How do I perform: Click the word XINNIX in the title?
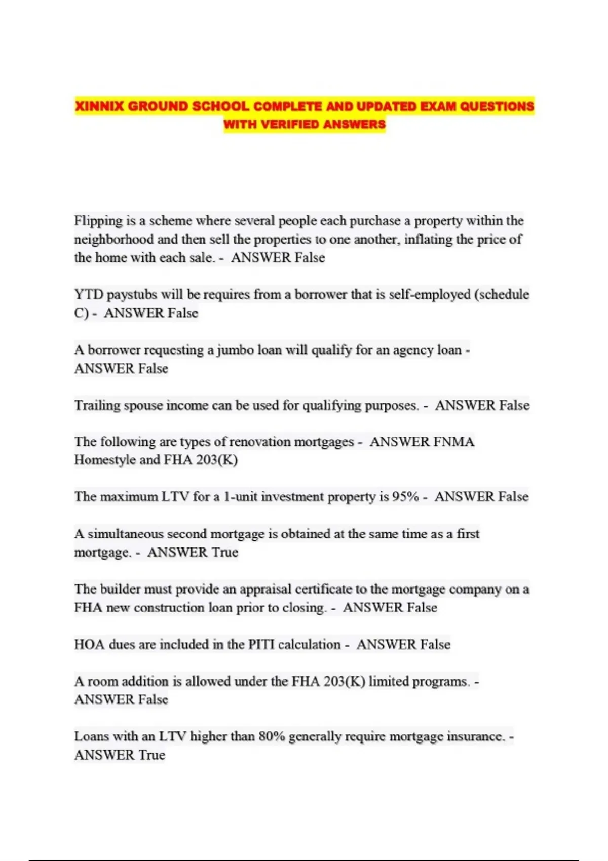tap(99, 106)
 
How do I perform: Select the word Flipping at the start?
tap(98, 221)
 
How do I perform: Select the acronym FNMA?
tap(454, 442)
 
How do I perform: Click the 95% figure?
tap(405, 497)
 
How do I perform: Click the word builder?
tap(120, 589)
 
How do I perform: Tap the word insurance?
tap(475, 736)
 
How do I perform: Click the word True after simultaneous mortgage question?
tap(225, 552)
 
